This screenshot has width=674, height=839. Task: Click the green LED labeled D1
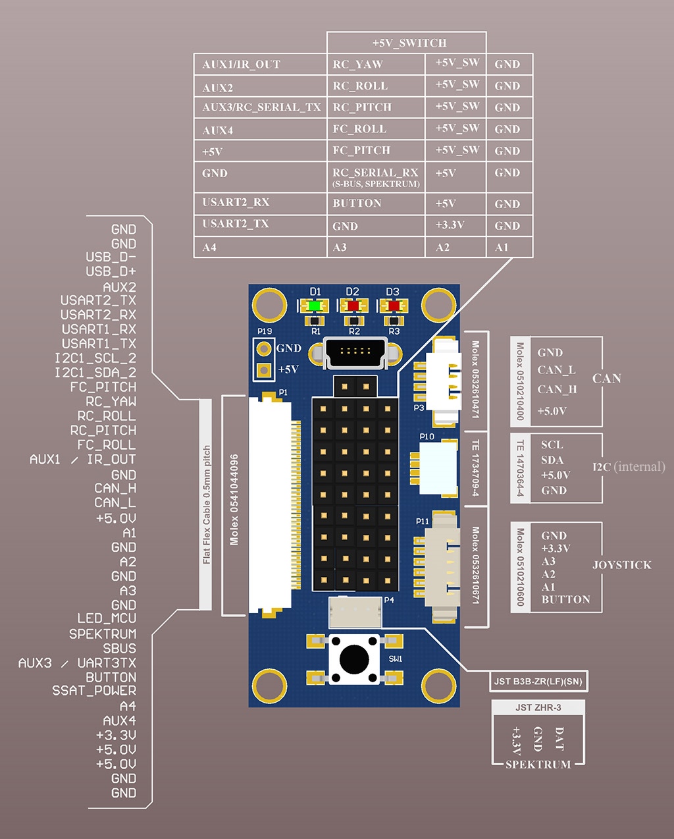point(313,306)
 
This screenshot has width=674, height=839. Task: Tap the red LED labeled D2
point(353,306)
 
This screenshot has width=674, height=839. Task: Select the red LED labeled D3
point(394,306)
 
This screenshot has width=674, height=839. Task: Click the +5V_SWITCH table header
point(409,43)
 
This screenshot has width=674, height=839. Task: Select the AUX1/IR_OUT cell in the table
point(241,65)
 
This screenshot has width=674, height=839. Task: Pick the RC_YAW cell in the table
point(357,65)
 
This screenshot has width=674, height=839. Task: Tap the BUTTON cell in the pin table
point(357,203)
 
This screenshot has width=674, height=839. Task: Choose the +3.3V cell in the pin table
point(450,225)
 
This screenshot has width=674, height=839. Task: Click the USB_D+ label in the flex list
point(111,271)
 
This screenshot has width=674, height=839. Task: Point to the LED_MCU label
point(107,618)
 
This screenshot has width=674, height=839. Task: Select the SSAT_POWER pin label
point(94,690)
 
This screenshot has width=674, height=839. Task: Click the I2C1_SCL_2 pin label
point(95,358)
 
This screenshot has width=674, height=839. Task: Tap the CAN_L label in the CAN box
point(556,370)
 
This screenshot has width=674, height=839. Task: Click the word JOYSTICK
point(622,565)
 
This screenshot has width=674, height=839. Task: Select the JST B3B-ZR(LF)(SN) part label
point(538,682)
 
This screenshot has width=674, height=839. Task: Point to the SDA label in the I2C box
point(552,460)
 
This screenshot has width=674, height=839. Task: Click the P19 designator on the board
point(265,331)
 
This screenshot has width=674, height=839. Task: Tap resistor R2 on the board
point(353,321)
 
